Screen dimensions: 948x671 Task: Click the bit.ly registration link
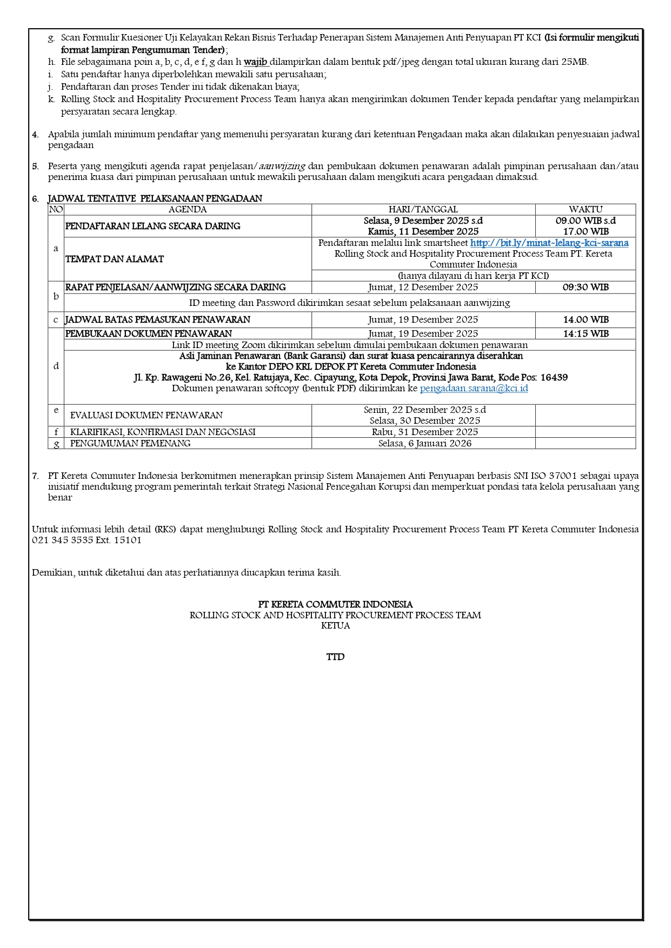pos(549,243)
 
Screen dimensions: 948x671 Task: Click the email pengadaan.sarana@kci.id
pos(474,388)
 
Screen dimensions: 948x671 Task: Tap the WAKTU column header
pos(585,209)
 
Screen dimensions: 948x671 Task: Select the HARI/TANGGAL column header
pos(423,209)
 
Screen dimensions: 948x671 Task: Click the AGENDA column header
pos(187,209)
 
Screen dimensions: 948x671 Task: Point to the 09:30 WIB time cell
pos(585,287)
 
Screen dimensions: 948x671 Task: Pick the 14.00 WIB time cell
pos(585,319)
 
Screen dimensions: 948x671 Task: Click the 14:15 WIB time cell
pos(585,333)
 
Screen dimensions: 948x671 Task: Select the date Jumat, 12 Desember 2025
pos(423,287)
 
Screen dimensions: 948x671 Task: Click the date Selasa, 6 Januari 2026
pos(424,443)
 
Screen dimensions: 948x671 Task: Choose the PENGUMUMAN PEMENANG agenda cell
pos(130,443)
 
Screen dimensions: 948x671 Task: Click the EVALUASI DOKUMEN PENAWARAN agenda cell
pos(146,415)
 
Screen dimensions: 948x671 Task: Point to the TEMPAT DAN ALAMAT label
pos(114,259)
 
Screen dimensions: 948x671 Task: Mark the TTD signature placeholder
pos(335,657)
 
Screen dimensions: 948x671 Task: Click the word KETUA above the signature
pos(335,625)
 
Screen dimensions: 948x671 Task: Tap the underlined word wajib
pos(256,62)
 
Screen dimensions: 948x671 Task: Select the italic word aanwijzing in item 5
pos(282,166)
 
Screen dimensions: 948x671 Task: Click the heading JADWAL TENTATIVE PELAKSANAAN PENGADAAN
pos(155,198)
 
